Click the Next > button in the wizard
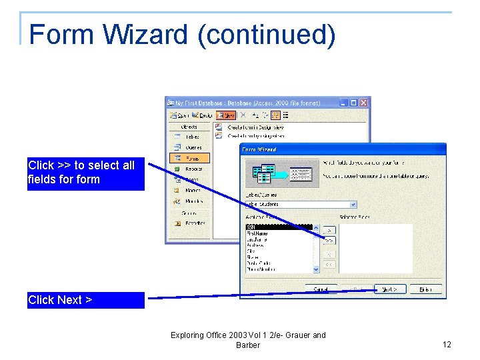390,289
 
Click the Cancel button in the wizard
321,289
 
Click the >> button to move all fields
329,240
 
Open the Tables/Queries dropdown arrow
353,205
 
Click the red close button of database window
363,103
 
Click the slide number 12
447,345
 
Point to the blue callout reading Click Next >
85,300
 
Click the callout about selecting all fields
85,173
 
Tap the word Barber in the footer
248,345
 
